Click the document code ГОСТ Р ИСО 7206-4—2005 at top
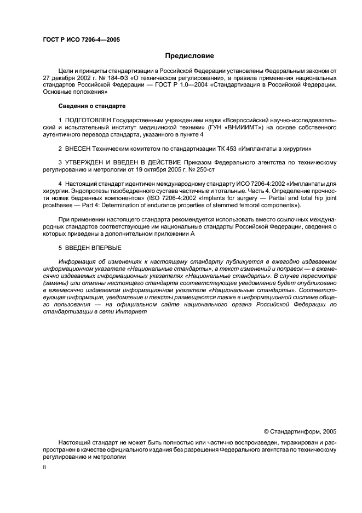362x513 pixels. (81, 40)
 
